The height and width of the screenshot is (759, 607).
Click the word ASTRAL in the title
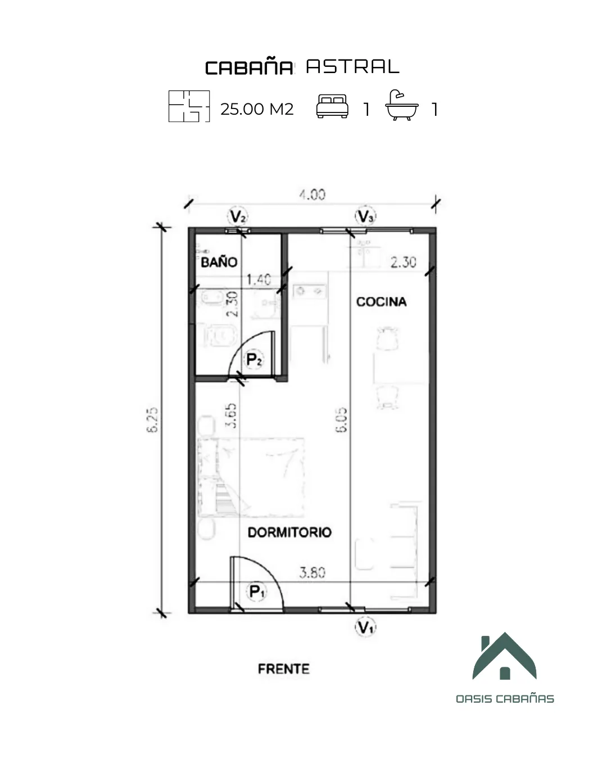[x=352, y=67]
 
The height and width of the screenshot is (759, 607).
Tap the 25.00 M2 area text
[x=257, y=109]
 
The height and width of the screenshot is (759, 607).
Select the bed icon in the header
[x=332, y=106]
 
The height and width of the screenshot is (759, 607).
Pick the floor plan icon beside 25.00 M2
[x=189, y=106]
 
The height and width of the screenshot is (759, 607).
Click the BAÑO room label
[x=219, y=262]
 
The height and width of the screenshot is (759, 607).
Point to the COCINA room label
[x=381, y=302]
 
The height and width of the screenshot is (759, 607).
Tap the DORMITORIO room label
[x=289, y=532]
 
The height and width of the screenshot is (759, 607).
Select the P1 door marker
[x=257, y=591]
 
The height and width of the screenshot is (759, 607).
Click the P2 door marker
[x=254, y=359]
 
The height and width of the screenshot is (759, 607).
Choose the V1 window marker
[x=365, y=627]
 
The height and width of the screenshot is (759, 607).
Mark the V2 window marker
[x=238, y=216]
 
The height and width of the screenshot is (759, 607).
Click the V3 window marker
[x=365, y=216]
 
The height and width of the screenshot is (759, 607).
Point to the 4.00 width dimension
[x=312, y=195]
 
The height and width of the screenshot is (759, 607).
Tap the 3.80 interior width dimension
[x=312, y=573]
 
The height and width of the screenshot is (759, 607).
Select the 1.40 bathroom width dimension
[x=259, y=279]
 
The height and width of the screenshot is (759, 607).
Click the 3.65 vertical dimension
[x=231, y=415]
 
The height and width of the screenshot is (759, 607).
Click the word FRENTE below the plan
[x=284, y=669]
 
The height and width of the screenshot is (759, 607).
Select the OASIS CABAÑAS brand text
[x=505, y=699]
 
